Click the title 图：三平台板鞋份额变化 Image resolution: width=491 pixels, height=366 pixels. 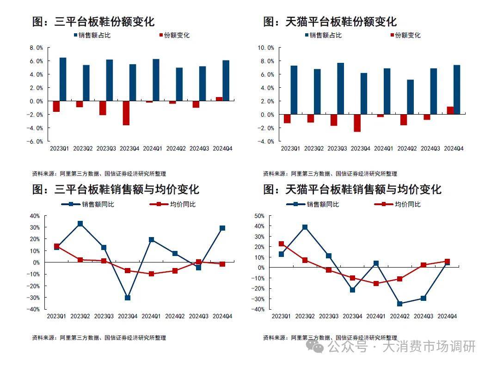tap(93, 21)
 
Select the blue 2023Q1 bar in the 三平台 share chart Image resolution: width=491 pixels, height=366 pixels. tap(63, 79)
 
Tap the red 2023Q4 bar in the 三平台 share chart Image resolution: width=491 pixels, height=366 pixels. tap(126, 113)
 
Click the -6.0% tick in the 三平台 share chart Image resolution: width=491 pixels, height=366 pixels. tap(37, 141)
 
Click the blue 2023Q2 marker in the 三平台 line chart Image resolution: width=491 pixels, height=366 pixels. tap(80, 224)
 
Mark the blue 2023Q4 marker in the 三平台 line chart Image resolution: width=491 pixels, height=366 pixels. tap(128, 298)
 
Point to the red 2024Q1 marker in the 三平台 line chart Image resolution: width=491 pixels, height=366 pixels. tap(151, 274)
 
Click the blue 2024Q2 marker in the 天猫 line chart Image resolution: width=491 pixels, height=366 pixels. tap(400, 304)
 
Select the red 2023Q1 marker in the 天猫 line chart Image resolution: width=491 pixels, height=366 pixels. tap(281, 244)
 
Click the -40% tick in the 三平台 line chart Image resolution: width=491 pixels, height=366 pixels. tap(35, 309)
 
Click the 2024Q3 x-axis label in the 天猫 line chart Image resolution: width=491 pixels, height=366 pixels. tap(423, 316)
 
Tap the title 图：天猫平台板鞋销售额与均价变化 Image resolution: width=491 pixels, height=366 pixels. tap(352, 189)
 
